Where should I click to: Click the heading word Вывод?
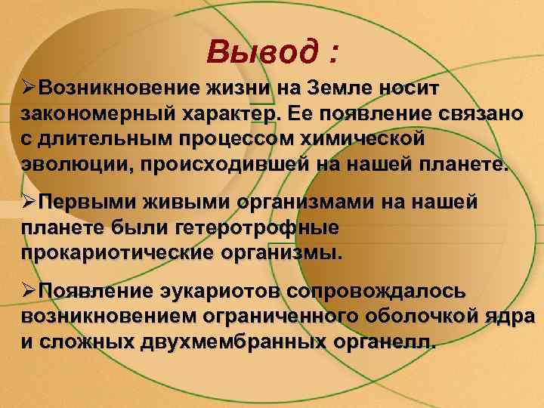[252, 52]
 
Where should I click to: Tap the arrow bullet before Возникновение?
[29, 88]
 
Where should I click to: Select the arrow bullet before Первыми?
[29, 202]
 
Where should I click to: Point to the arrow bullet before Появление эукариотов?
[29, 292]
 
